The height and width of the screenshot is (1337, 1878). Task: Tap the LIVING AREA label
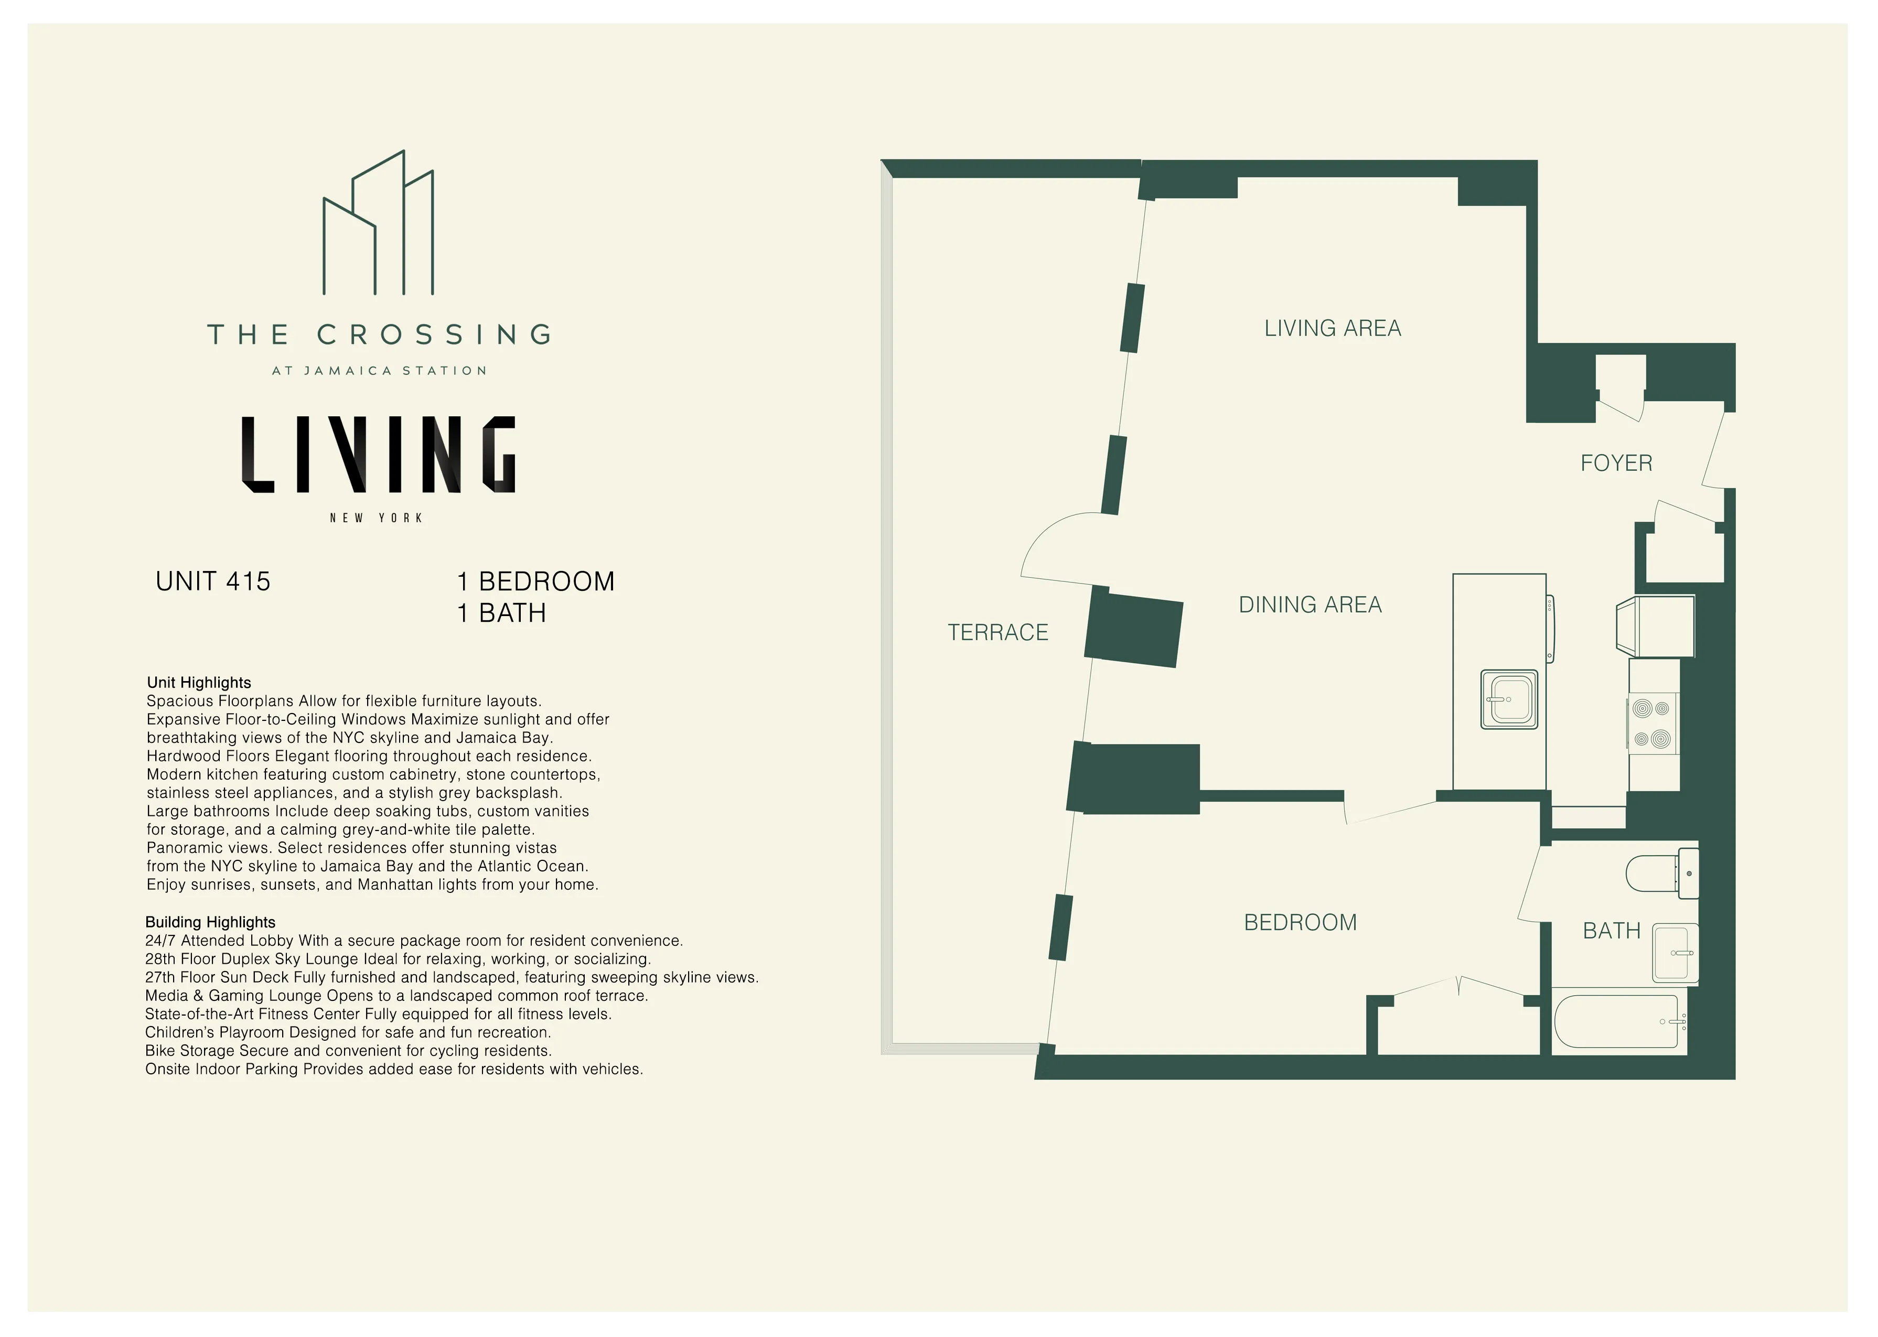(x=1332, y=329)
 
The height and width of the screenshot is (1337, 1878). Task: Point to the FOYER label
(x=1615, y=463)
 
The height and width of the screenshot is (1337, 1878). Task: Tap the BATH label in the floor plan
(x=1611, y=931)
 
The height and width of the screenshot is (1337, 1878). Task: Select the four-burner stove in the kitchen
(x=1651, y=724)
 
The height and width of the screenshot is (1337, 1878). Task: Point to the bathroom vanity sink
(x=1674, y=953)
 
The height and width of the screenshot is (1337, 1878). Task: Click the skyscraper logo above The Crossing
(x=378, y=224)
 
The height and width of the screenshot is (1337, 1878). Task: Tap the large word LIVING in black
(x=378, y=455)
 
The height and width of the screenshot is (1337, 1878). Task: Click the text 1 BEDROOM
(x=535, y=581)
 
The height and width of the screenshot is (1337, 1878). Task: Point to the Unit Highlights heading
(x=198, y=683)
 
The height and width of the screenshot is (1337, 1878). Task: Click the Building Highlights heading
(x=210, y=922)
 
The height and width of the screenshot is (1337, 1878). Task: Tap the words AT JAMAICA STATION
(x=379, y=371)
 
